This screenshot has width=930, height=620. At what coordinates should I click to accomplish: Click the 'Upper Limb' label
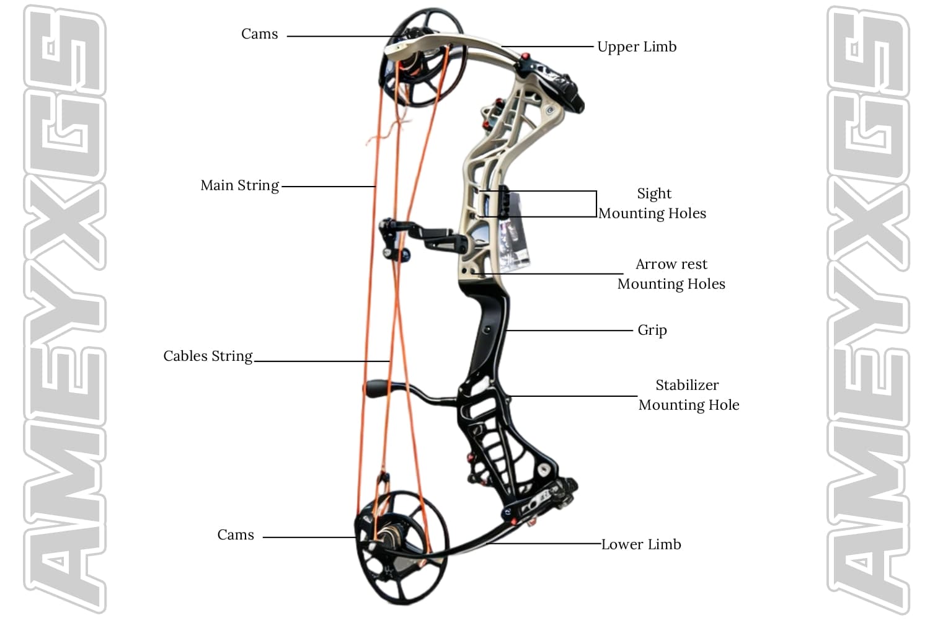[637, 47]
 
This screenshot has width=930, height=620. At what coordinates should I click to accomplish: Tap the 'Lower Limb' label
[641, 544]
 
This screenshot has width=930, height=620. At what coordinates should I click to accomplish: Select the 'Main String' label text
[240, 185]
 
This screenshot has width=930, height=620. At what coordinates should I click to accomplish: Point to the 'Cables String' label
[208, 356]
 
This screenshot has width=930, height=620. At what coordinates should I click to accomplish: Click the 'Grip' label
[652, 330]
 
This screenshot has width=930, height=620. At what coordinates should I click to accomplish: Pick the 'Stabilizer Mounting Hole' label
[688, 395]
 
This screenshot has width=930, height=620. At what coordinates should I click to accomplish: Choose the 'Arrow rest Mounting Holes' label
[671, 274]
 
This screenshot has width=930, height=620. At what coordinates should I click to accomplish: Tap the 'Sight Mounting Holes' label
[653, 203]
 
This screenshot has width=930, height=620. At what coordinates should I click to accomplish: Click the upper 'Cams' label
[259, 34]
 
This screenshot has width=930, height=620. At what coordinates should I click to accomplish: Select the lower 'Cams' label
[236, 535]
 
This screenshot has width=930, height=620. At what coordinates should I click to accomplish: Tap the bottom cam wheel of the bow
[400, 546]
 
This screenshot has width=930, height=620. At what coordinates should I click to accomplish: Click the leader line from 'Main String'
[329, 186]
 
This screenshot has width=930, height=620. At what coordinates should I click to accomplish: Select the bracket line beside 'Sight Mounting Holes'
[595, 203]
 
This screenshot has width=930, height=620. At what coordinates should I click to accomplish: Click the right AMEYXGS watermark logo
[868, 310]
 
